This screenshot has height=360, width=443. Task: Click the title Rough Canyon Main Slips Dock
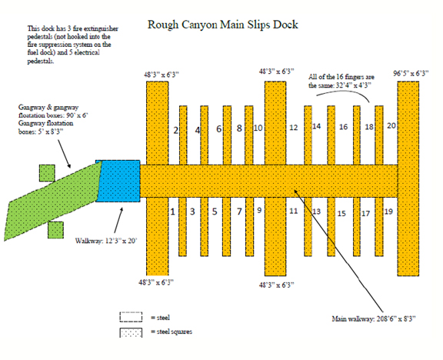point(222,25)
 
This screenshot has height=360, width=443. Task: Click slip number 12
point(294,128)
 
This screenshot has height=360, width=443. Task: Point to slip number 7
point(239,212)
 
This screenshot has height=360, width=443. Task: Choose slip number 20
point(391,125)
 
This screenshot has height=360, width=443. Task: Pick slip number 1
point(172,212)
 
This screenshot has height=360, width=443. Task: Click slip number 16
point(343,127)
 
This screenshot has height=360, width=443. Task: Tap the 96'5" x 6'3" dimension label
point(411,74)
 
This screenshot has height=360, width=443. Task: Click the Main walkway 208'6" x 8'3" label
point(374,319)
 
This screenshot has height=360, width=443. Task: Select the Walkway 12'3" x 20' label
point(106,241)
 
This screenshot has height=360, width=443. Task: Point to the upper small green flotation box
point(47,173)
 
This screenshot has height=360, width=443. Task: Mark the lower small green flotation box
point(55,230)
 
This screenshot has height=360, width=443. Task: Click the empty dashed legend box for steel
point(131,317)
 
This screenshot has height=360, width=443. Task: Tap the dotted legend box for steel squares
point(131,332)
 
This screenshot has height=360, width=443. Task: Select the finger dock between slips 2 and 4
point(183,135)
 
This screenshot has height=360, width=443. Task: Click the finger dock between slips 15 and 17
point(357,227)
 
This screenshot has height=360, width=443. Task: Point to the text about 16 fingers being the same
point(341,81)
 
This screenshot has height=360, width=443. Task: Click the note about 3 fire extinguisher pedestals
point(72,45)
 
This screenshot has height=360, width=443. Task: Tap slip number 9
point(259,210)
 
